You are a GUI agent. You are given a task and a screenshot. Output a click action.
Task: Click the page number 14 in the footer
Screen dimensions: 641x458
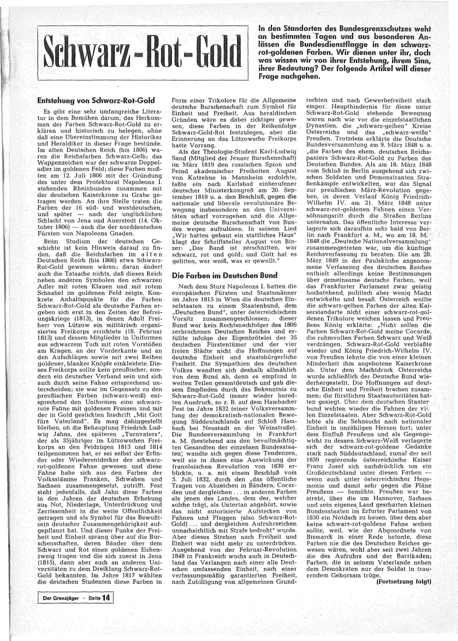point(105,597)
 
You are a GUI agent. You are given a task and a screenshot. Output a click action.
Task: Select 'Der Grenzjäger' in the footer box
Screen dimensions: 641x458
point(60,597)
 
